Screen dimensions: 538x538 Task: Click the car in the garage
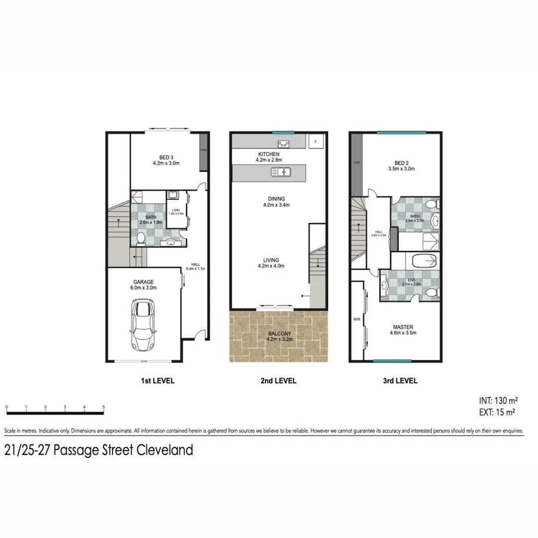pos(142,325)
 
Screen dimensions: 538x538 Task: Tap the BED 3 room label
pos(160,157)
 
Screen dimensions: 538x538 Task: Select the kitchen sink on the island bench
pos(281,172)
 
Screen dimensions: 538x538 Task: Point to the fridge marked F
pos(315,141)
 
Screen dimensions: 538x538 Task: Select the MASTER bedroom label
pos(403,327)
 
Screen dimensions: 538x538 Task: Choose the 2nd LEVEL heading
pos(278,381)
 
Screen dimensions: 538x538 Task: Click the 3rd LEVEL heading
pos(401,381)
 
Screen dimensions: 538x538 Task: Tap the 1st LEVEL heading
pos(157,381)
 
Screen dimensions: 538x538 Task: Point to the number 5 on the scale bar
pos(103,407)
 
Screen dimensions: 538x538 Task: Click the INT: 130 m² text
pos(498,401)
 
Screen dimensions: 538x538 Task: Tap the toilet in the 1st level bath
pos(141,239)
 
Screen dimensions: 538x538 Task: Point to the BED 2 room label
pos(404,163)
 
